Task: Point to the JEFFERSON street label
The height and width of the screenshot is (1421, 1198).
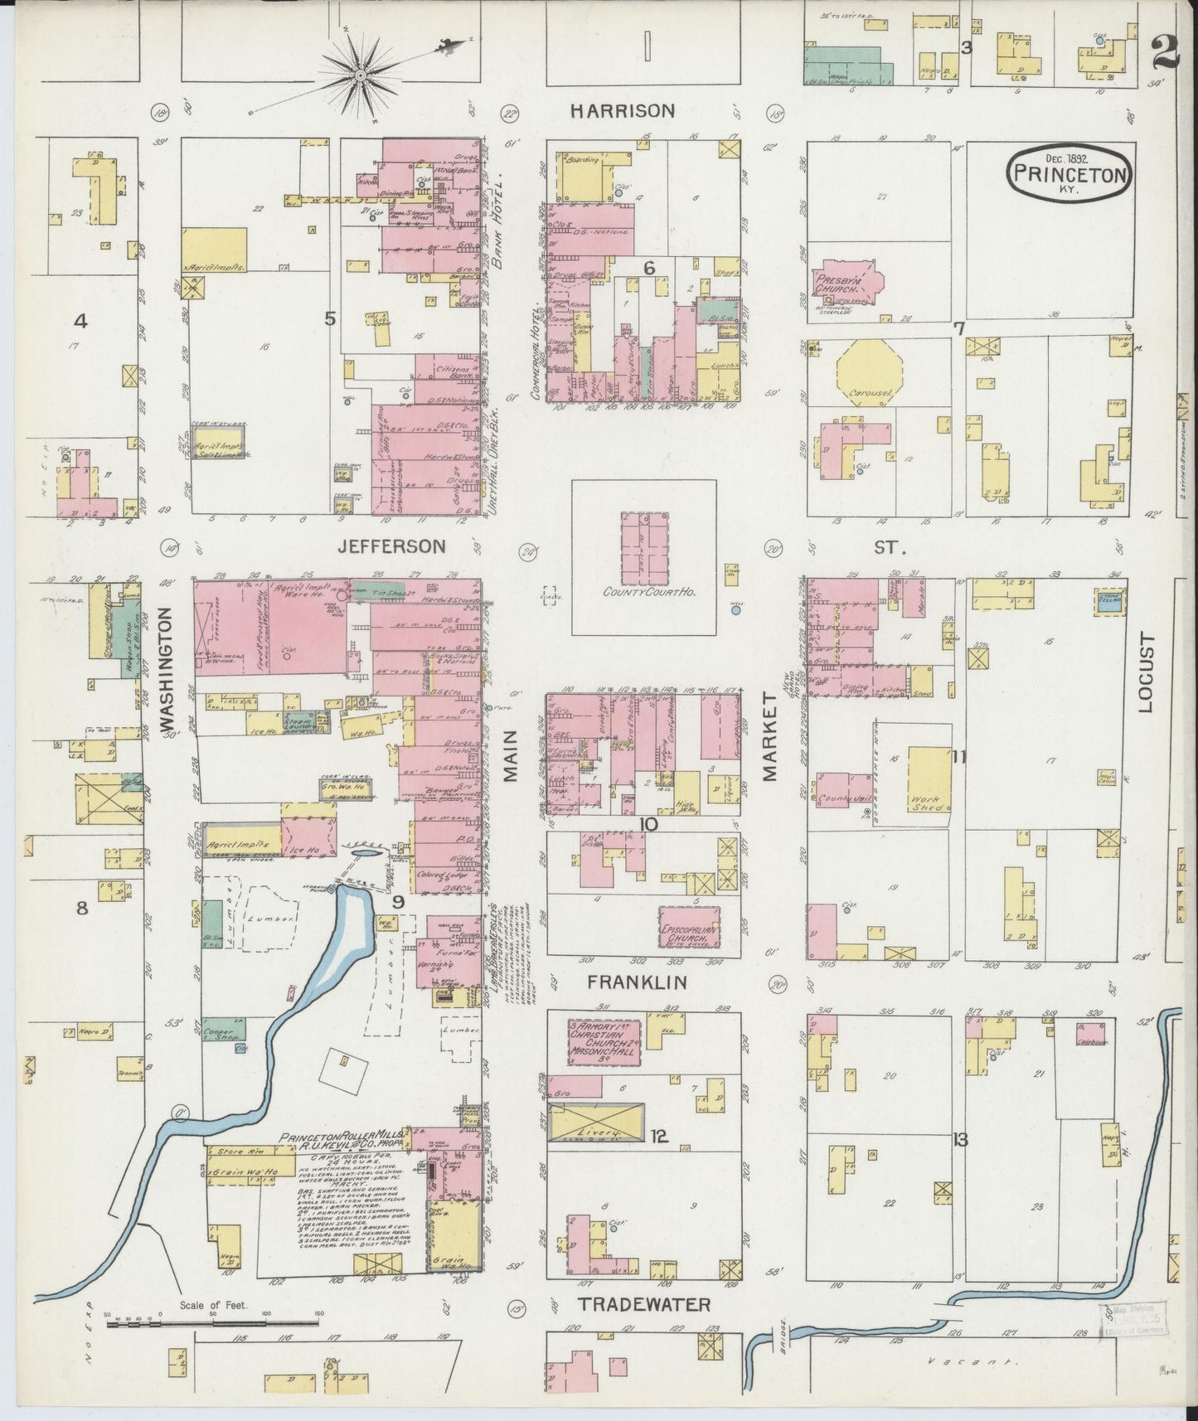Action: [391, 546]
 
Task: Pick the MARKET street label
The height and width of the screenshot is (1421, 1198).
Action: [770, 738]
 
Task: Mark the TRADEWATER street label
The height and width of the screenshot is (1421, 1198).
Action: [644, 1305]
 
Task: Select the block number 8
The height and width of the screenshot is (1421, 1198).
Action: [81, 908]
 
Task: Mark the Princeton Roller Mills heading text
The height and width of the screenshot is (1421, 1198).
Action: [344, 1137]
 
